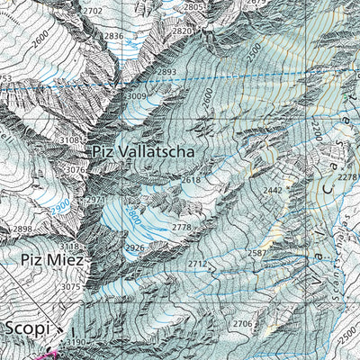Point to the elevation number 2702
[92, 10]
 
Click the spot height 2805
[193, 7]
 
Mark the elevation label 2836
[112, 36]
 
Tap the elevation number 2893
[166, 71]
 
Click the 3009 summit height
[134, 95]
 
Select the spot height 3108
[70, 140]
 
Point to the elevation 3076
[76, 169]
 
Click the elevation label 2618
[191, 180]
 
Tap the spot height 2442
[273, 191]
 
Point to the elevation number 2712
[198, 264]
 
